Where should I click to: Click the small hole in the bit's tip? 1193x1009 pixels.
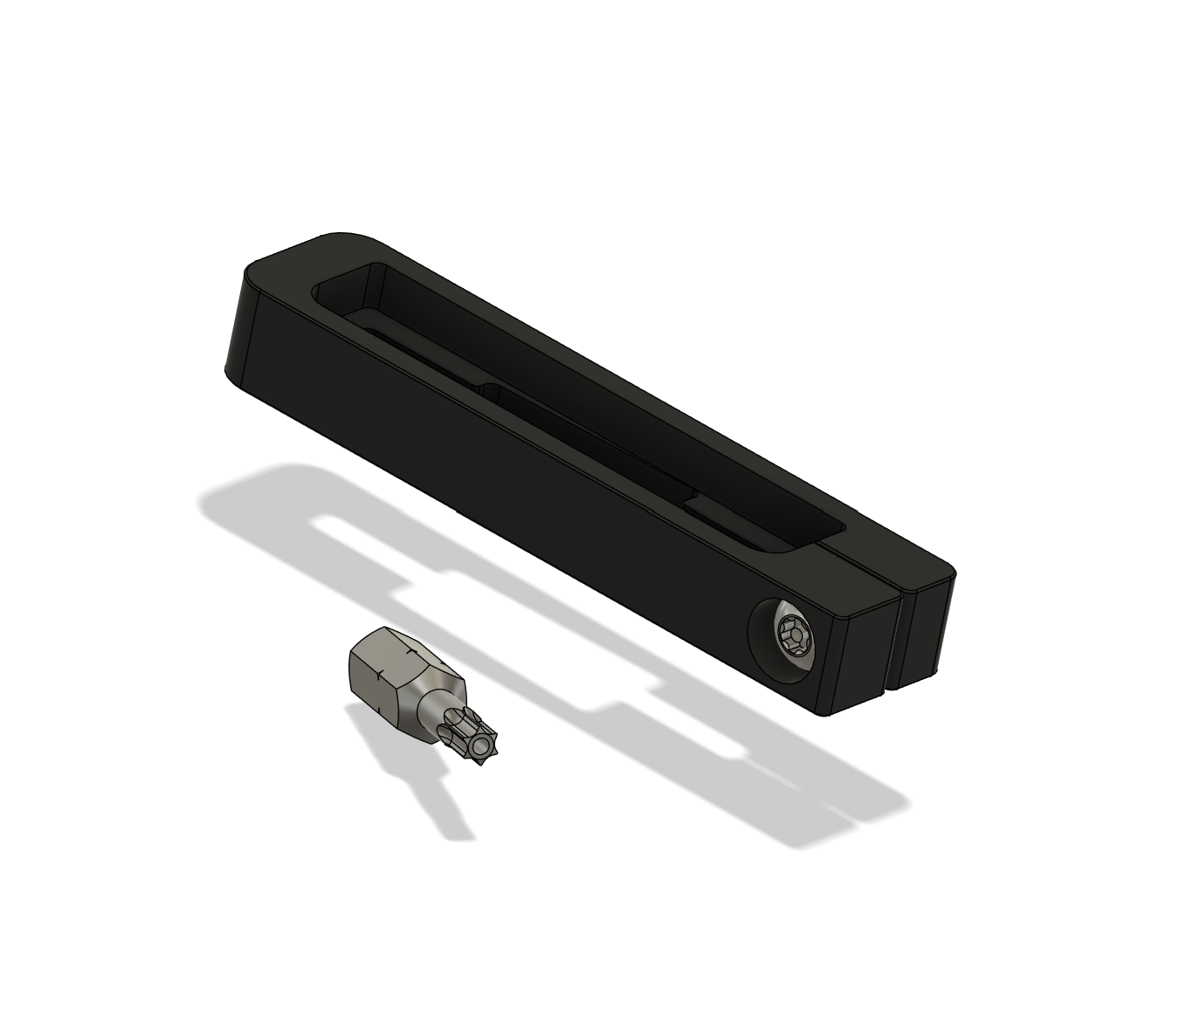click(479, 748)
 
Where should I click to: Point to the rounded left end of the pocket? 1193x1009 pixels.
click(336, 288)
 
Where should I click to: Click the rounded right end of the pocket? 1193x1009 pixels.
click(821, 528)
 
